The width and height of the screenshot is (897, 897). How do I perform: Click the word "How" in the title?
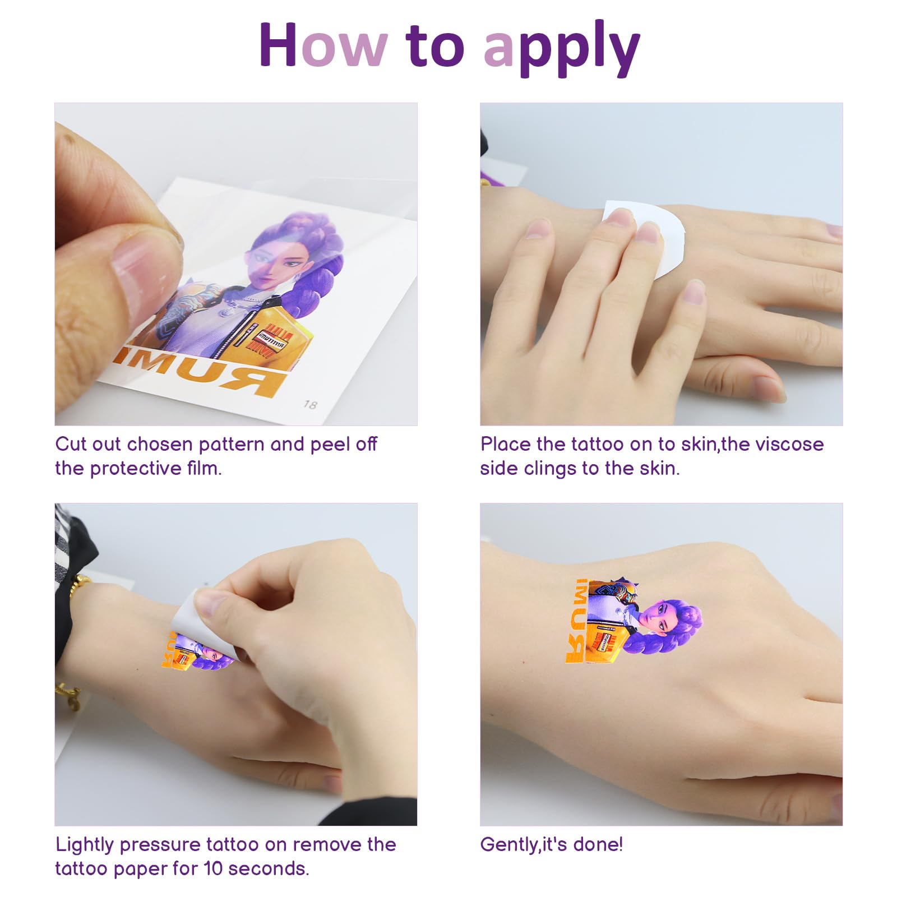[323, 46]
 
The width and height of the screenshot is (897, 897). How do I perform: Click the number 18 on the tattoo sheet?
[310, 404]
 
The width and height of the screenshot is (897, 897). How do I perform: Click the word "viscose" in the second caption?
[789, 445]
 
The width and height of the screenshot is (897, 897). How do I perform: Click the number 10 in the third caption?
[213, 869]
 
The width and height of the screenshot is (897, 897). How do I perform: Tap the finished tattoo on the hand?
[634, 622]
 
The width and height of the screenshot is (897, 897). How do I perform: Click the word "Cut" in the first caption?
[71, 445]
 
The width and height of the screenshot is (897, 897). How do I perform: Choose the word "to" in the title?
[434, 46]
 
